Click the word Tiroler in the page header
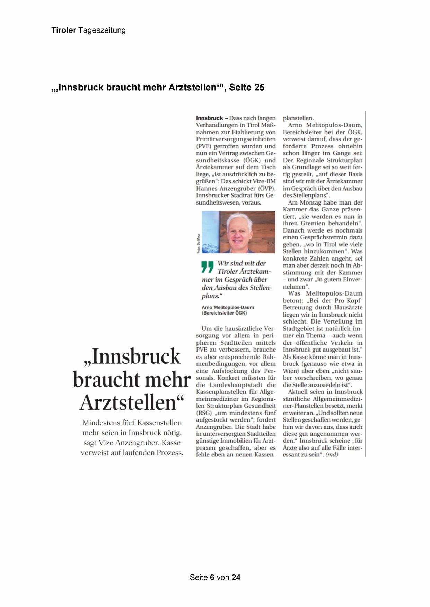tap(64, 30)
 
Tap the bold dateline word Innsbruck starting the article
tap(209, 118)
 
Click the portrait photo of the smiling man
tap(238, 232)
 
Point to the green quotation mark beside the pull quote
tap(208, 266)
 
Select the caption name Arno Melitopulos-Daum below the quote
tap(228, 307)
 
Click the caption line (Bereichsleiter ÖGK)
tap(224, 313)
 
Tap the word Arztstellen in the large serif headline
tap(131, 402)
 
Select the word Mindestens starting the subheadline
tap(101, 423)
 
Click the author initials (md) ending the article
tap(332, 454)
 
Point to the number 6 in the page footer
tap(212, 577)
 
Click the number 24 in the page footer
tap(236, 577)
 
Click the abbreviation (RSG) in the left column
tap(204, 413)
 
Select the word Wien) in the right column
tap(291, 371)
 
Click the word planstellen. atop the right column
tap(298, 118)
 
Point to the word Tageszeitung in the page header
tap(102, 30)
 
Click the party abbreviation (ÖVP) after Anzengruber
tap(267, 188)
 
